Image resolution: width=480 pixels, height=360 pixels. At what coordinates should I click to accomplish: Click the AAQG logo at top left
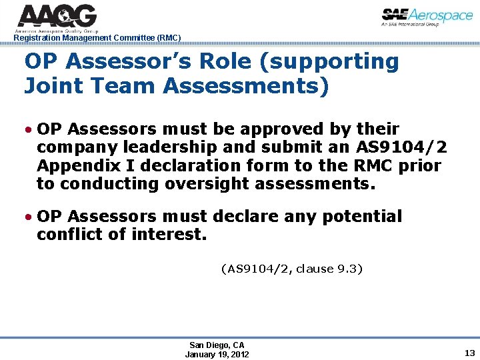point(57,17)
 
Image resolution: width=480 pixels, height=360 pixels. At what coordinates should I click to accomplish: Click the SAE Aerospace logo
point(427,17)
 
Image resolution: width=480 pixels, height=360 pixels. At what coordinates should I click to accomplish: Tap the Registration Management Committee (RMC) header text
point(97,38)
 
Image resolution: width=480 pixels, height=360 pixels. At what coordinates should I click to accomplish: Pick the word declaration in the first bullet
point(189,165)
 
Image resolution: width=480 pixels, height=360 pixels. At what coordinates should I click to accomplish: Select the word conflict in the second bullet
point(73,235)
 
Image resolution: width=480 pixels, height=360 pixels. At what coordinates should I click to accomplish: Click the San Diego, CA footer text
point(217,345)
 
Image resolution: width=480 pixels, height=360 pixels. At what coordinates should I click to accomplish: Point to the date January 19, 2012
point(217,354)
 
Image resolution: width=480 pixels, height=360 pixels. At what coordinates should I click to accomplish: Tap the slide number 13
point(469,353)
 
